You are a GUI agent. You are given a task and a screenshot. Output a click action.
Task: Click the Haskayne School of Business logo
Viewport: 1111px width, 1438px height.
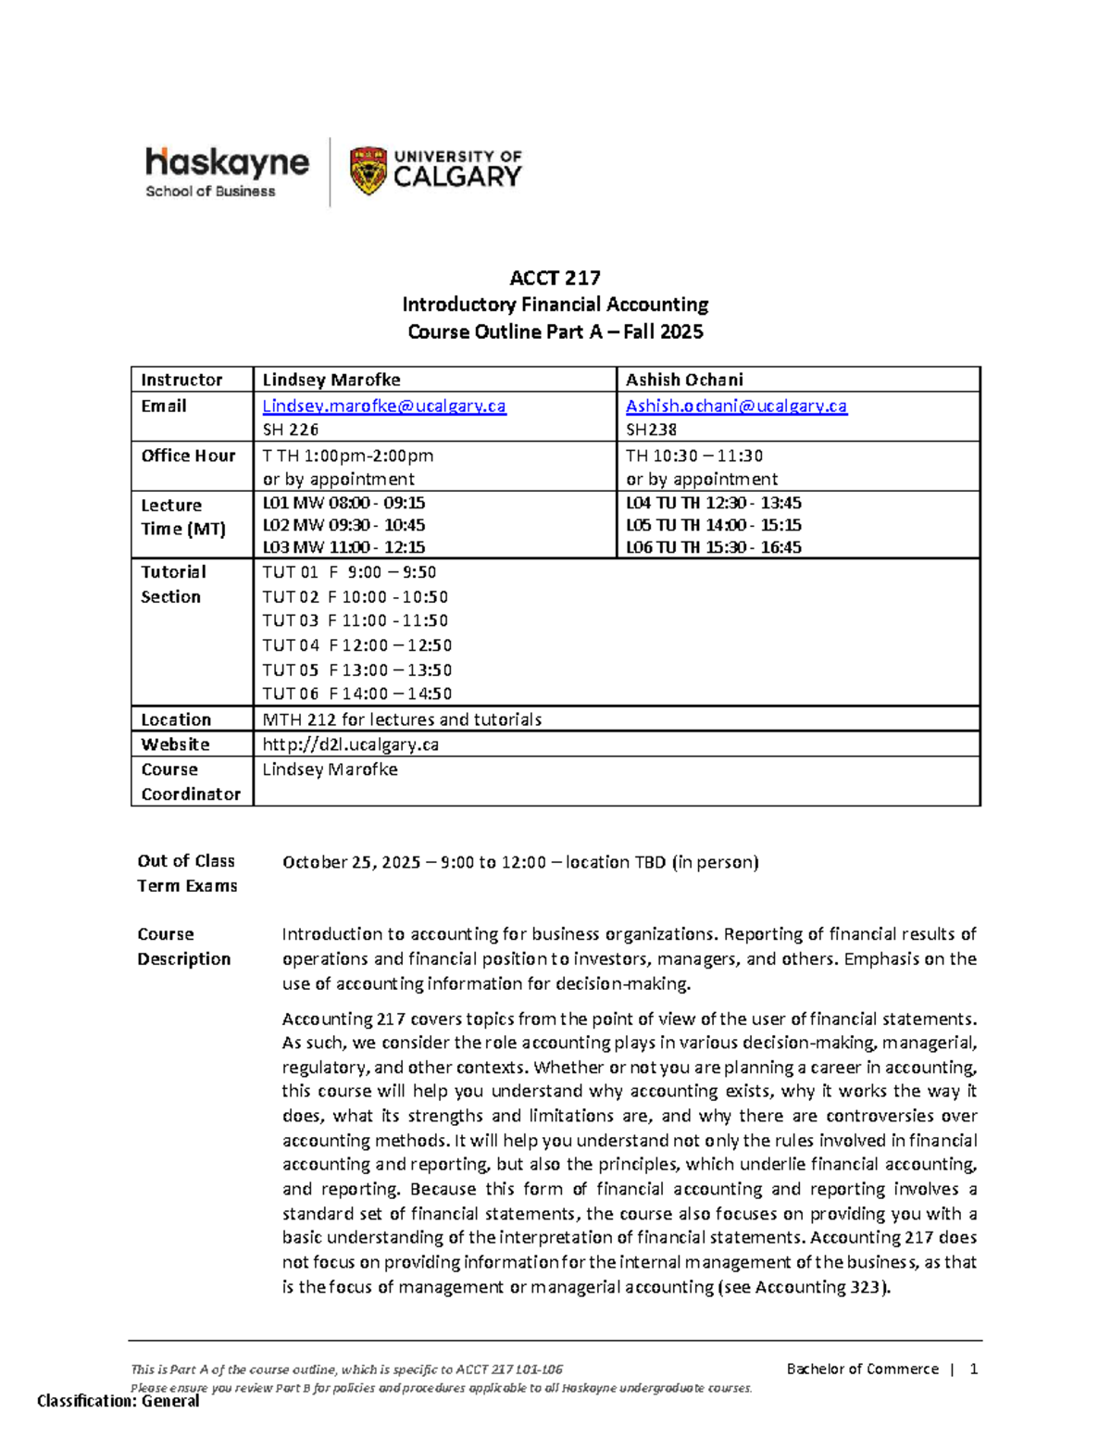click(x=227, y=172)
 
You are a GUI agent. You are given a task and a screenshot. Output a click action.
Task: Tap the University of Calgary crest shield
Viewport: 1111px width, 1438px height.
click(x=368, y=171)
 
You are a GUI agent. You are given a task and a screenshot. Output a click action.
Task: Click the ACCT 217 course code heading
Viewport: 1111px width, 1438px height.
click(x=555, y=278)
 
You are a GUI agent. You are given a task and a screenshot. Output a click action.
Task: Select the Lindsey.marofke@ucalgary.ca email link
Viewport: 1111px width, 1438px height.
click(x=384, y=406)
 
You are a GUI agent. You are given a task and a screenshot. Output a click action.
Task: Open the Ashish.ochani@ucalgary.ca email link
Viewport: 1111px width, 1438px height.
click(x=736, y=406)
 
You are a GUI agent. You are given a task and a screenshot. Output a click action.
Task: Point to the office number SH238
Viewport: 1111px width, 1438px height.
click(x=651, y=430)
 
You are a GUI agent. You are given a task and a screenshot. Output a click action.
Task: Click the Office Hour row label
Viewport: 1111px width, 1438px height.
click(x=188, y=456)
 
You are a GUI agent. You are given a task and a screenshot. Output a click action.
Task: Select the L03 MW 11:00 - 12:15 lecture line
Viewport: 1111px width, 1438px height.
click(x=343, y=547)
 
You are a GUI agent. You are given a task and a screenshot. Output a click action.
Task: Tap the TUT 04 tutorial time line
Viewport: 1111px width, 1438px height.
click(x=356, y=645)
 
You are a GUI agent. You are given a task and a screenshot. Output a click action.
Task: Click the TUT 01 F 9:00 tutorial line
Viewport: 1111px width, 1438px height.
click(x=349, y=572)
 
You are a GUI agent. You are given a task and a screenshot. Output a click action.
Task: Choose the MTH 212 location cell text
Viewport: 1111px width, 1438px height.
click(x=402, y=719)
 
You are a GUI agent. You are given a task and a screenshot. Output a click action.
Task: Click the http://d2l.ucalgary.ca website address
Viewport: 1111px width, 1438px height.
click(x=350, y=744)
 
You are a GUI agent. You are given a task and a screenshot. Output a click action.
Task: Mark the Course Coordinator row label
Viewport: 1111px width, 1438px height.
click(x=190, y=782)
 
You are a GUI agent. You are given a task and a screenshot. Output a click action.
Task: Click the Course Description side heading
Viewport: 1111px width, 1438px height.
click(x=183, y=946)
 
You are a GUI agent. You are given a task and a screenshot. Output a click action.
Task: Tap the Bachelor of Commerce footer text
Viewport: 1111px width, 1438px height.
click(x=862, y=1369)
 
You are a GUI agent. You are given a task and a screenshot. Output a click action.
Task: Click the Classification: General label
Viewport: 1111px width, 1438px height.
click(x=118, y=1401)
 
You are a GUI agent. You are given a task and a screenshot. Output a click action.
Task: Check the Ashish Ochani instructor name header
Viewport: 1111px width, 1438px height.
click(x=684, y=380)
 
